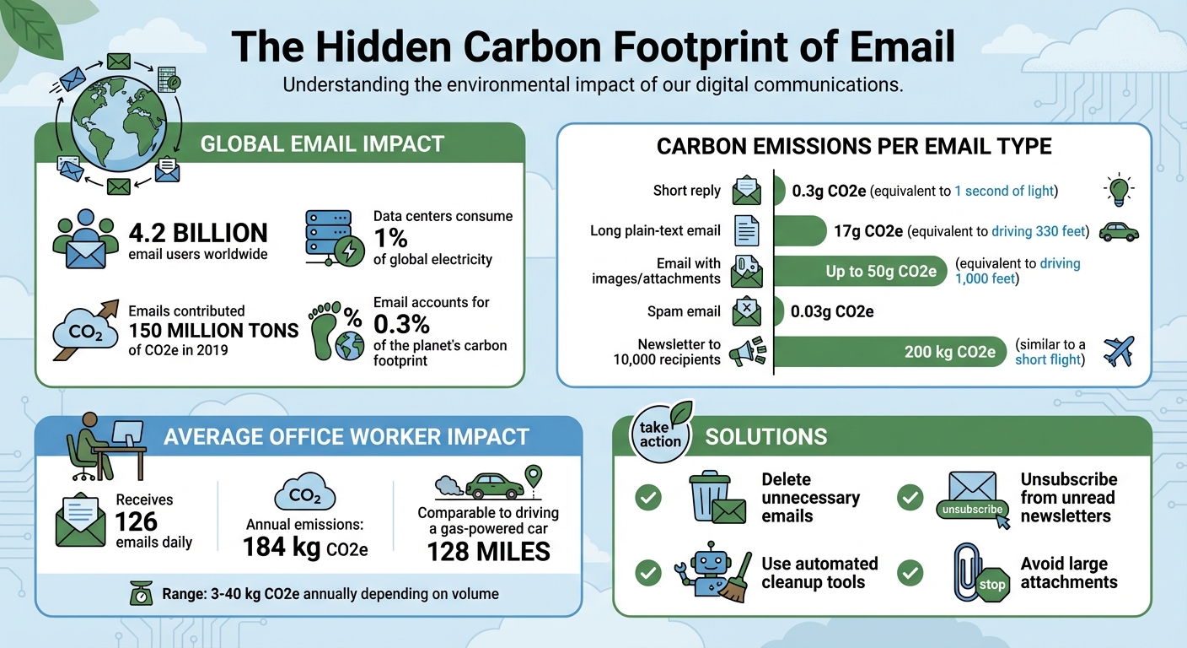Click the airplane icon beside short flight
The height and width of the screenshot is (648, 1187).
(x=1119, y=351)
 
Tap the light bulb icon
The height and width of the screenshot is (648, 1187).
(x=1119, y=190)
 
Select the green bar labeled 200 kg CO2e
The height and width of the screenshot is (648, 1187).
(x=890, y=352)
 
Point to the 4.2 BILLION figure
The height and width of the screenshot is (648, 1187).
(x=198, y=233)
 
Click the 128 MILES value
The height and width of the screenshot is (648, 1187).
(x=488, y=552)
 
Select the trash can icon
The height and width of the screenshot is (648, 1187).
(x=707, y=497)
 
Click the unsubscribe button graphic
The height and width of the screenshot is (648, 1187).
(x=973, y=509)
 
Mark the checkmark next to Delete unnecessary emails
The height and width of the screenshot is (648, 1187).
(x=647, y=498)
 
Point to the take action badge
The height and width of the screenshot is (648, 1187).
(x=660, y=434)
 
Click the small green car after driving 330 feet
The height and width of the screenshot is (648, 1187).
(x=1119, y=231)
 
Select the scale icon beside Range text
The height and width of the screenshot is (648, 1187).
(x=140, y=594)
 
